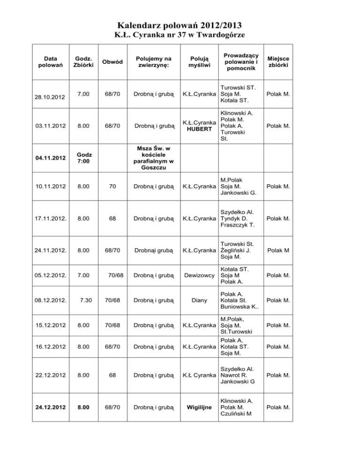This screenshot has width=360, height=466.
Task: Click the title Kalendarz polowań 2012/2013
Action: click(x=180, y=25)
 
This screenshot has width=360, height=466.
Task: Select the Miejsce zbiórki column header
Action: click(x=278, y=62)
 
